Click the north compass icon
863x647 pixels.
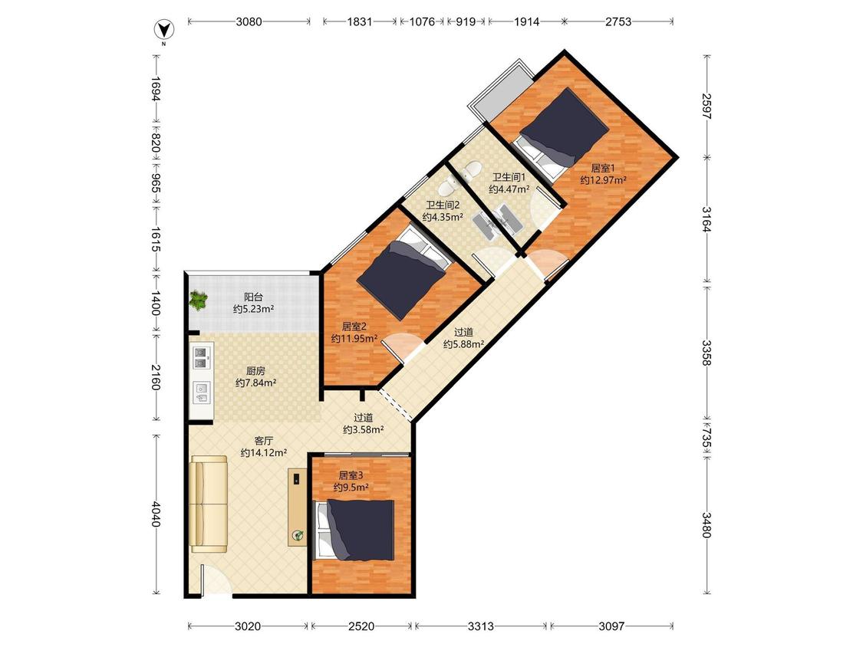pyautogui.click(x=165, y=29)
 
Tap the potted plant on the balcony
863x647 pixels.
pyautogui.click(x=198, y=301)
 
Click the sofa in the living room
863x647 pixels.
pyautogui.click(x=209, y=504)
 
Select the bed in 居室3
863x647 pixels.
pyautogui.click(x=355, y=530)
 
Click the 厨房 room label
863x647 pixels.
pyautogui.click(x=255, y=371)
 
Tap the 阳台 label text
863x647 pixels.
pyautogui.click(x=253, y=297)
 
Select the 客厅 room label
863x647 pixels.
pyautogui.click(x=264, y=441)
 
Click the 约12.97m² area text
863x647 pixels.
pyautogui.click(x=603, y=180)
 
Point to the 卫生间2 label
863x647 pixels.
pyautogui.click(x=443, y=205)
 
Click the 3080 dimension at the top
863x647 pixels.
pyautogui.click(x=249, y=22)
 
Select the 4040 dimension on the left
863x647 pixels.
pyautogui.click(x=156, y=514)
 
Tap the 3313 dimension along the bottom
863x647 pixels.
pyautogui.click(x=480, y=626)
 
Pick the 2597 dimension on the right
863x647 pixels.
pyautogui.click(x=707, y=107)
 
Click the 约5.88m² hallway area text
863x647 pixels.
pyautogui.click(x=464, y=344)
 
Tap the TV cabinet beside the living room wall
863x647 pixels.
pyautogui.click(x=298, y=507)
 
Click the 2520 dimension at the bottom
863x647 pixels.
pyautogui.click(x=361, y=626)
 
